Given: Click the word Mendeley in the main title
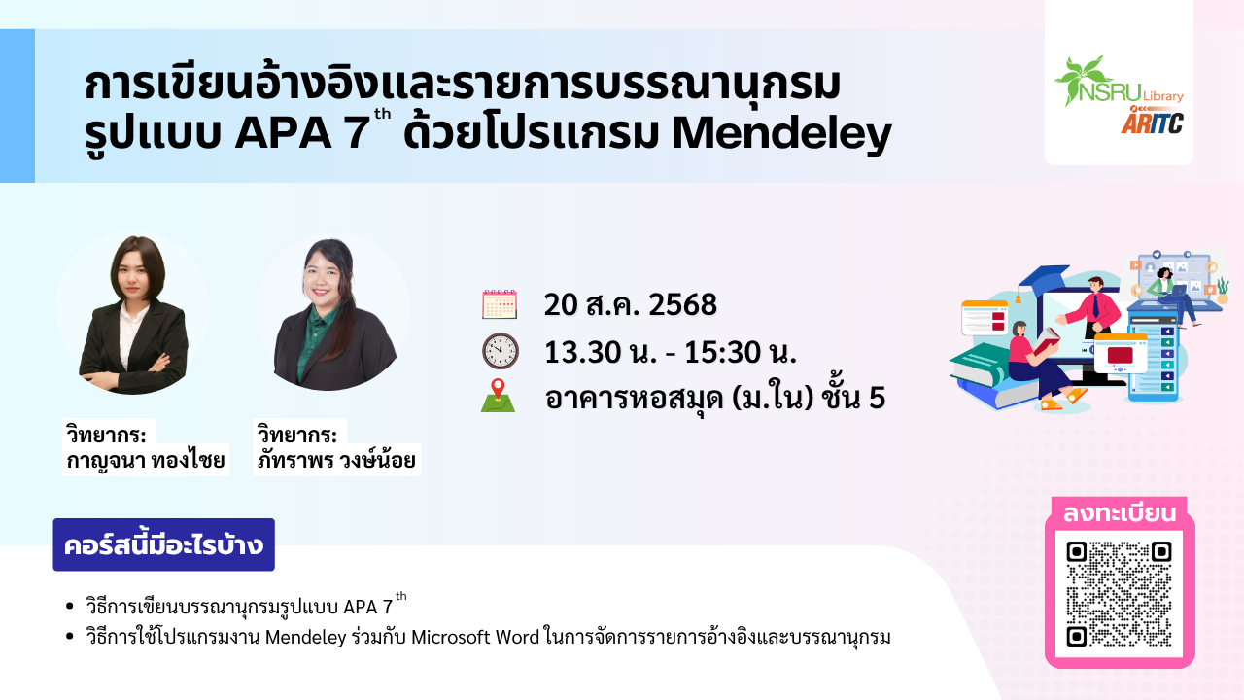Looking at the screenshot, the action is [782, 133].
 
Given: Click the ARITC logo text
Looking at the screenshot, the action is [1152, 122].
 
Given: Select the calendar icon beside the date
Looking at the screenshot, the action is [500, 304].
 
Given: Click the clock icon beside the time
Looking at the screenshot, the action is [500, 351].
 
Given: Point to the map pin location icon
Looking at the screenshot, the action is [499, 396].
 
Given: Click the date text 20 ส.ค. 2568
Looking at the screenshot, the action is [631, 304].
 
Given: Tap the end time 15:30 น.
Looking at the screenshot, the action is [741, 352].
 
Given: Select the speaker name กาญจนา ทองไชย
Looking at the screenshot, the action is [146, 460].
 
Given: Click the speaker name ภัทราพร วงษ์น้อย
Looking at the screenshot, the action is [336, 460].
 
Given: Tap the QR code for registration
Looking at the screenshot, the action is [1119, 594].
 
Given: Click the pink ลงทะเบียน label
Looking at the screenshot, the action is [1119, 513].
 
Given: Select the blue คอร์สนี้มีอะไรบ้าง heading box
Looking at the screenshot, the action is [164, 544].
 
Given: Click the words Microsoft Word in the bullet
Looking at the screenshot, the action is [475, 637].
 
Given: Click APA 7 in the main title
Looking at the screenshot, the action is [302, 133].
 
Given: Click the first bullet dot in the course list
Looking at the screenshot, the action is [69, 606].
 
